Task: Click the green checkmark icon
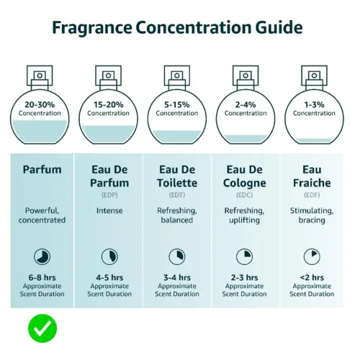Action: [42, 328]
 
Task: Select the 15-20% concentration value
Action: [108, 104]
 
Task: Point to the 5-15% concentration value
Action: [177, 104]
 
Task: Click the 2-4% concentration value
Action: [246, 104]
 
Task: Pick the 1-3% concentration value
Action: [314, 104]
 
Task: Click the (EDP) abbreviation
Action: [109, 195]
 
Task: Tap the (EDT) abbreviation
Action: [177, 195]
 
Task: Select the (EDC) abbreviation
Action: [244, 195]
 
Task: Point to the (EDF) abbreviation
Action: [312, 195]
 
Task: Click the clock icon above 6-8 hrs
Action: [42, 256]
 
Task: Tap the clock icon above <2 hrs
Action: [312, 256]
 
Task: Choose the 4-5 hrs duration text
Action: [109, 278]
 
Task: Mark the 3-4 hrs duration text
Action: [177, 278]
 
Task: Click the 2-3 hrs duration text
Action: [244, 278]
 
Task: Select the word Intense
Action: [109, 210]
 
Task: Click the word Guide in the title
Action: [279, 27]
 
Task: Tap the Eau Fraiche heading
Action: [312, 176]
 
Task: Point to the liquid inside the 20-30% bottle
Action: [40, 132]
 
